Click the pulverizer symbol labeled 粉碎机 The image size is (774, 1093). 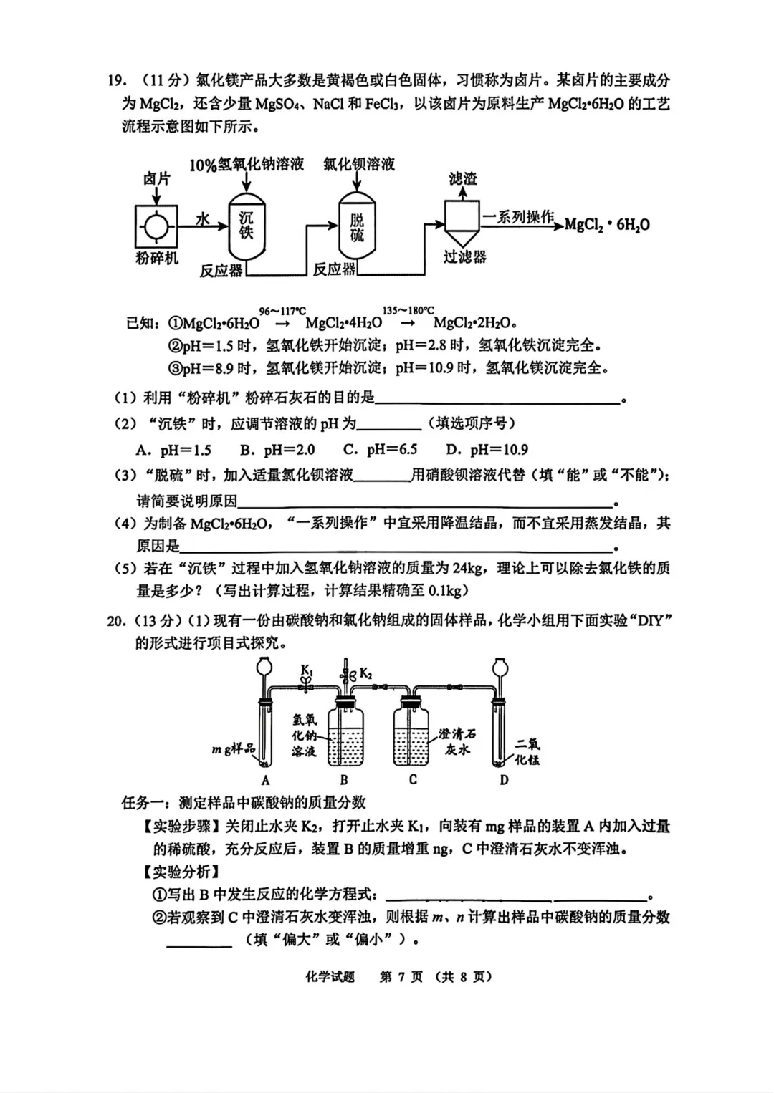pyautogui.click(x=156, y=227)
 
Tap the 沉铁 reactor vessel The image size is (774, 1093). pyautogui.click(x=246, y=226)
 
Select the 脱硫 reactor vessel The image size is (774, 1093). pyautogui.click(x=357, y=226)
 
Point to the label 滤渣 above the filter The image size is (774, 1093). pyautogui.click(x=462, y=178)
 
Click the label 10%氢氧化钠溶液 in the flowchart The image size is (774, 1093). pyautogui.click(x=246, y=165)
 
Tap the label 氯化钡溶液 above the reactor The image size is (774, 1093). pyautogui.click(x=358, y=164)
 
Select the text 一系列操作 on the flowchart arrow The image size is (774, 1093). pyautogui.click(x=518, y=216)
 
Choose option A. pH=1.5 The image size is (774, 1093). pyautogui.click(x=173, y=450)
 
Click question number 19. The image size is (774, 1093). pyautogui.click(x=116, y=80)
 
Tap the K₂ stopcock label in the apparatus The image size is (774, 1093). pyautogui.click(x=365, y=673)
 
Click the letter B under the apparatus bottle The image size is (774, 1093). pyautogui.click(x=344, y=780)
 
